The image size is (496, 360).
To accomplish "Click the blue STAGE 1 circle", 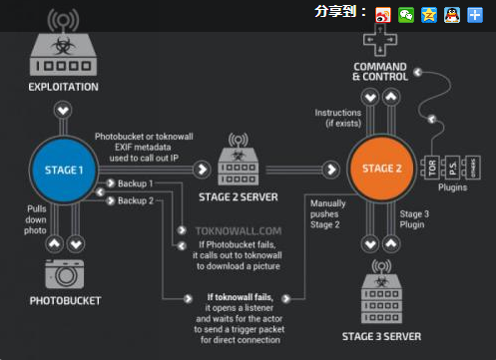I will click(x=62, y=170).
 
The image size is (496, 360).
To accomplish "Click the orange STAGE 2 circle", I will click(x=382, y=169).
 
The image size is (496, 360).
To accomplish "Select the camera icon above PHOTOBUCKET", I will click(x=64, y=273).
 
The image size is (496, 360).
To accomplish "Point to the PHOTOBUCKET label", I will click(x=64, y=300).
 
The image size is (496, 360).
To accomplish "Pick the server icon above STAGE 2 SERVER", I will click(x=238, y=163).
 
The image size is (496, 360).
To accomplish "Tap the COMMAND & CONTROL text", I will click(x=379, y=71).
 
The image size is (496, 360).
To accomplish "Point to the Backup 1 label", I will click(x=135, y=184).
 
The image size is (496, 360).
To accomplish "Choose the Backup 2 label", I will click(x=135, y=201).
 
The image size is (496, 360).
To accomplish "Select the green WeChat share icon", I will click(x=407, y=13).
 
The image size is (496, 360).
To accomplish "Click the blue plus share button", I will click(x=475, y=13).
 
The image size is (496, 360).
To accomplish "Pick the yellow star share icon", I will click(x=429, y=13).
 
